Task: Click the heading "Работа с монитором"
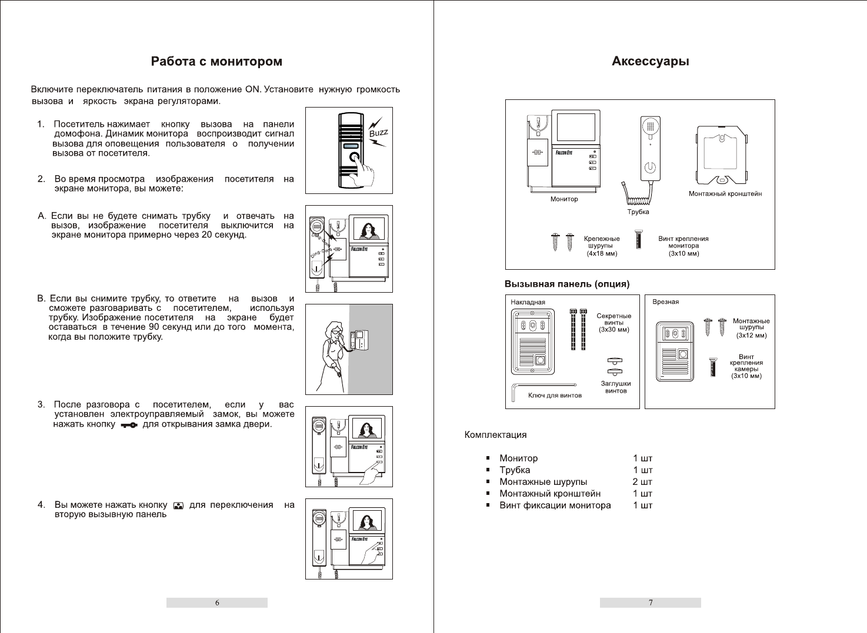point(216,62)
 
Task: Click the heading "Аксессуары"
point(650,61)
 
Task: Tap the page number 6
point(217,602)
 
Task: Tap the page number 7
point(651,602)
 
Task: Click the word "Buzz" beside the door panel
point(378,133)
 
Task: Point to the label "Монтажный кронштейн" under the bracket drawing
point(725,193)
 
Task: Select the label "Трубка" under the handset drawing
point(638,212)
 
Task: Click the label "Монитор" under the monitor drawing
point(564,199)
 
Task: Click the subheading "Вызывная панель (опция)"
point(567,284)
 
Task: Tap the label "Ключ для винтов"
point(555,396)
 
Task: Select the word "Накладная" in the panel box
point(528,302)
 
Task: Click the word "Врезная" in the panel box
point(665,302)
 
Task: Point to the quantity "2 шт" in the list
point(642,482)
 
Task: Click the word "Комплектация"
point(495,435)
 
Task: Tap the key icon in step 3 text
point(129,425)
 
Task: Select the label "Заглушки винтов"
point(616,387)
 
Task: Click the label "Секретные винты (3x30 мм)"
point(613,323)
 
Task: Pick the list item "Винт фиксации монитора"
point(555,505)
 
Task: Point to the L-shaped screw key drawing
point(515,391)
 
